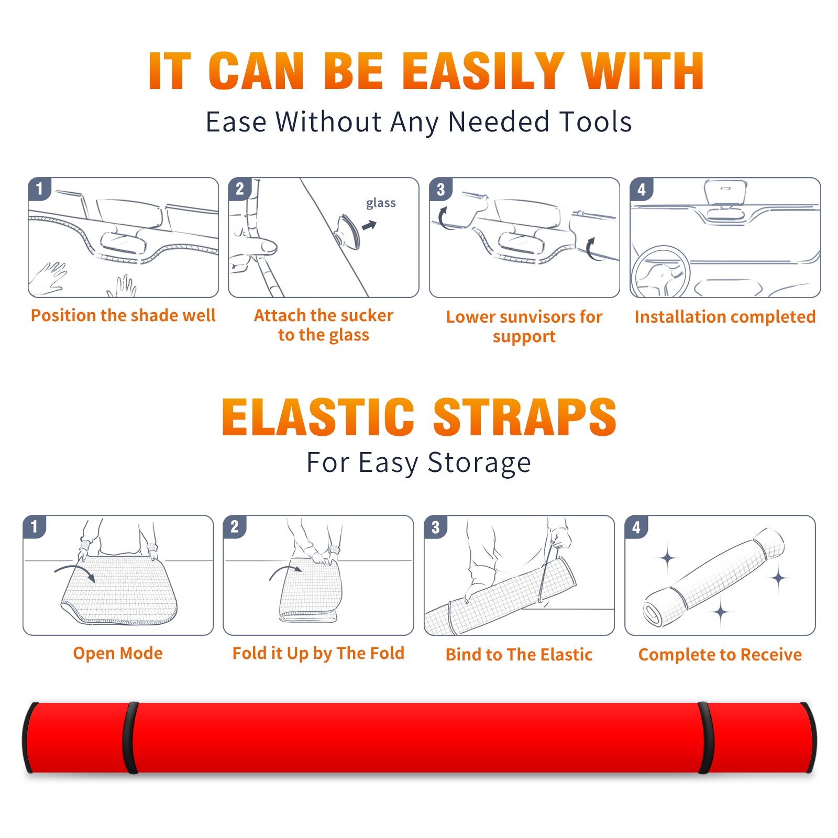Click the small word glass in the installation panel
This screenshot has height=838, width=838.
(x=381, y=203)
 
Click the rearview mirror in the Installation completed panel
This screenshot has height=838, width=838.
(x=725, y=193)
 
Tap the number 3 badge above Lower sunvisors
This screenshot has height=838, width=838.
(x=440, y=189)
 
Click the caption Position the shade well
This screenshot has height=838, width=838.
(x=123, y=315)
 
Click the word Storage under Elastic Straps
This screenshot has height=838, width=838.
(x=479, y=463)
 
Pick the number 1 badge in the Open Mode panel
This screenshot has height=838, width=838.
(x=35, y=526)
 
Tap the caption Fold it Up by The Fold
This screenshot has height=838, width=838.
(x=318, y=653)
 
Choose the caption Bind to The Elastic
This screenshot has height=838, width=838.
(x=519, y=655)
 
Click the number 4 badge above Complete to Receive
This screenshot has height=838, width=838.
(x=636, y=527)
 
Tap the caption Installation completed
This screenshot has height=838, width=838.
(x=725, y=316)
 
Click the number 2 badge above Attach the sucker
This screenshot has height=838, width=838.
(x=240, y=189)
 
